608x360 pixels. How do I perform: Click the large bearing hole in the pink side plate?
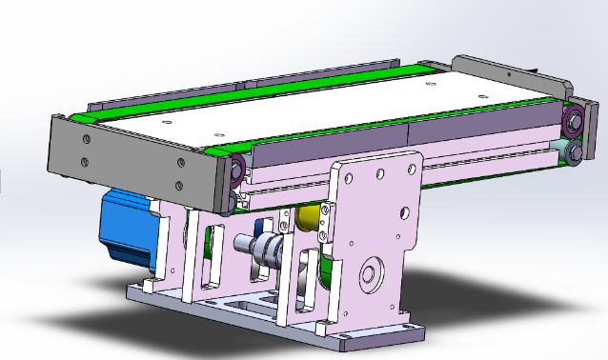[368, 278]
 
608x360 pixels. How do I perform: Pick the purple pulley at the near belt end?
[235, 172]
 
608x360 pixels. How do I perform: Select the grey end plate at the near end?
[133, 161]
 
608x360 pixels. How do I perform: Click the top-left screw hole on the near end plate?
[86, 141]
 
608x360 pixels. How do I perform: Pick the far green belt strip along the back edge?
[248, 89]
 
